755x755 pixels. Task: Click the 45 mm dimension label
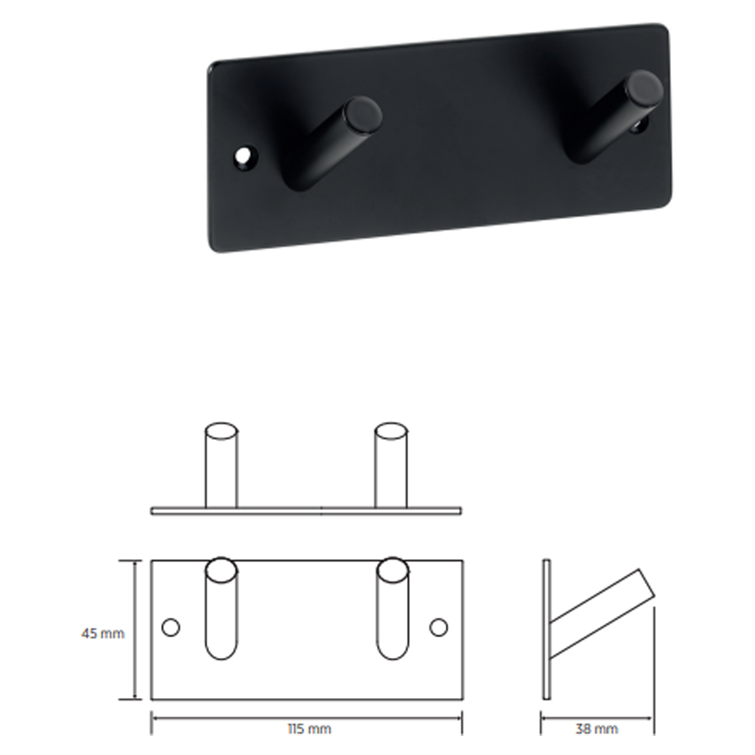point(103,633)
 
